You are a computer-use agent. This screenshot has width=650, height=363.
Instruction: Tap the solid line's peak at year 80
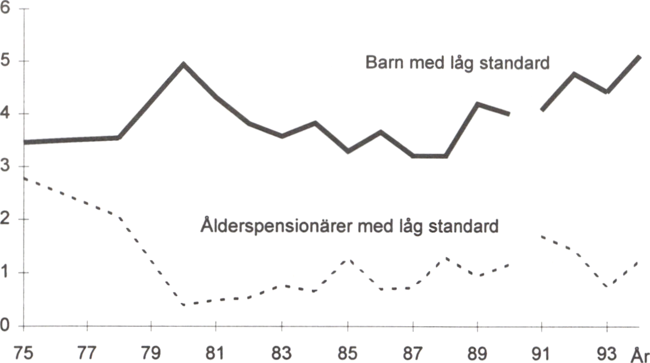click(184, 64)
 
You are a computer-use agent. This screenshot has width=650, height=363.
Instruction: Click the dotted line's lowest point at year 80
click(184, 304)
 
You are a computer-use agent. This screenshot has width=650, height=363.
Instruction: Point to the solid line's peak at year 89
click(478, 103)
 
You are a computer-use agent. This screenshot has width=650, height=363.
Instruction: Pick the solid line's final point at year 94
click(639, 57)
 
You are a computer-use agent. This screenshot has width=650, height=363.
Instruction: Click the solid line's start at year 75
click(25, 142)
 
